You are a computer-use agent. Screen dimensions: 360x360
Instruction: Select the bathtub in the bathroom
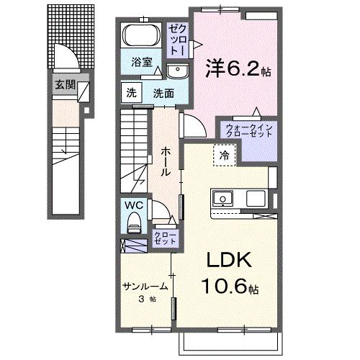pos(141,37)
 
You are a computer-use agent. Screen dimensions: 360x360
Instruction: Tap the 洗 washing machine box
pos(131,92)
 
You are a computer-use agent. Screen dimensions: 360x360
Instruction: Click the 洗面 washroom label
pos(163,92)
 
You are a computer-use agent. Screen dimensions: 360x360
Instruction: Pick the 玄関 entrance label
pos(64,85)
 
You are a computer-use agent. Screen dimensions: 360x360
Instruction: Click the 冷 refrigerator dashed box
pos(225,154)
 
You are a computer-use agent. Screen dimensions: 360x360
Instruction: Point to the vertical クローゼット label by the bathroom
pos(176,40)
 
